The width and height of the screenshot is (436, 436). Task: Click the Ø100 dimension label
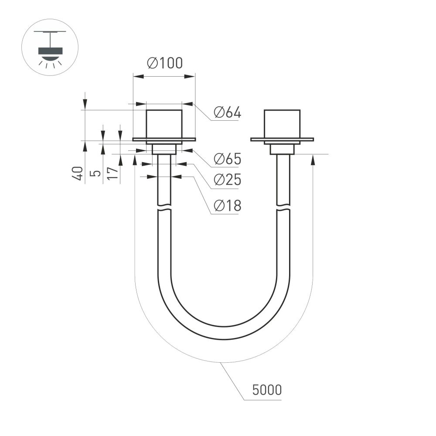coord(164,64)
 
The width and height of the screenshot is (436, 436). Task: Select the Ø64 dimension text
coord(227,113)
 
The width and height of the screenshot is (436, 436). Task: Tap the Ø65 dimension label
coord(227,159)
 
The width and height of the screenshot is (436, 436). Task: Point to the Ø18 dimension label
coord(227,205)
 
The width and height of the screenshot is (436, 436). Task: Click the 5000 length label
coord(267,390)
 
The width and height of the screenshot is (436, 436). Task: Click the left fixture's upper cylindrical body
coord(164,124)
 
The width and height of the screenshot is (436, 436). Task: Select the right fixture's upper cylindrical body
coord(282,124)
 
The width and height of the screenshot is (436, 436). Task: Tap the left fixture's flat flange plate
coord(164,140)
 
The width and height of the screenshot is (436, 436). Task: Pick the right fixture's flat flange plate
coord(282,140)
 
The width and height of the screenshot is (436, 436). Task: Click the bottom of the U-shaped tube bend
coord(223,333)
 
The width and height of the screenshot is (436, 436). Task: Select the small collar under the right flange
coord(282,149)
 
